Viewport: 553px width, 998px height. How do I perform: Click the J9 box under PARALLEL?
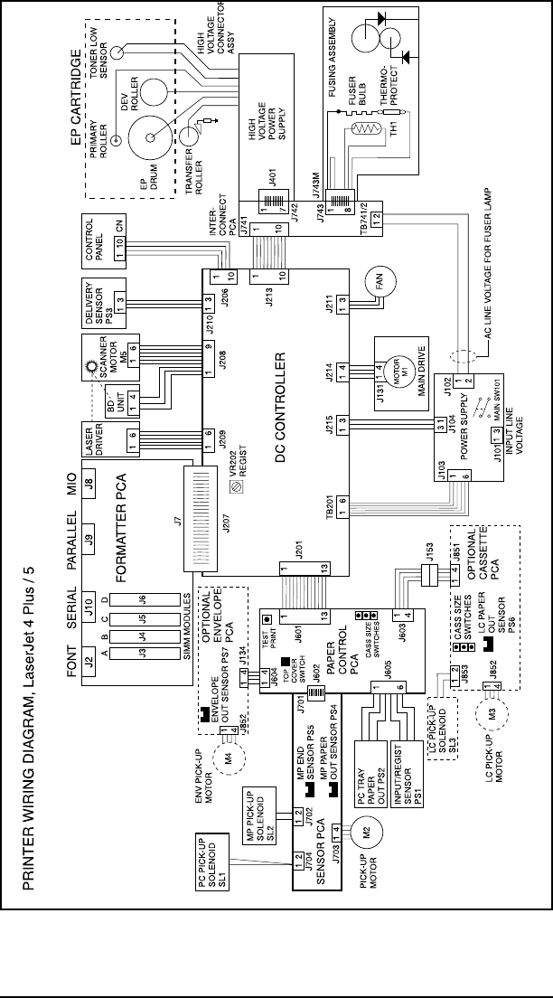[x=89, y=544]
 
